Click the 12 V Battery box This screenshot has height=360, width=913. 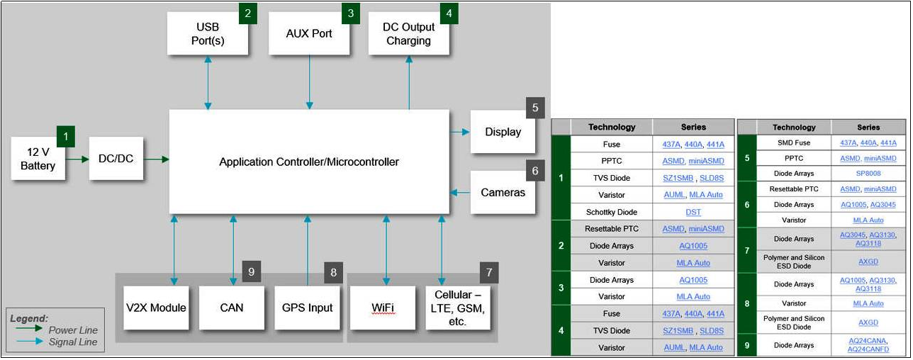tap(38, 159)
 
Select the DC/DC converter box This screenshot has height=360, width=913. tap(116, 159)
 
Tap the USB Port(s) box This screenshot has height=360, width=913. tap(208, 33)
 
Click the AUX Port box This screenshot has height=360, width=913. tap(309, 33)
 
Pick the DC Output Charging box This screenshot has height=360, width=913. tap(408, 33)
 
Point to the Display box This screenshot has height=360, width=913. tap(503, 132)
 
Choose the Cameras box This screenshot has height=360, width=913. tap(503, 192)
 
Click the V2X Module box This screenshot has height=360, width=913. tap(156, 308)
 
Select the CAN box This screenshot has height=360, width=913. tap(231, 308)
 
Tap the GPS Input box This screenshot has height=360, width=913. tap(307, 308)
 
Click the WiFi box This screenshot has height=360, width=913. tap(383, 308)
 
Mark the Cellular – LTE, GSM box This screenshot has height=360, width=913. tap(457, 308)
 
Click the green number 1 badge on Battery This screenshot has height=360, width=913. tap(65, 135)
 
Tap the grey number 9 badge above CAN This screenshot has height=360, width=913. tap(251, 271)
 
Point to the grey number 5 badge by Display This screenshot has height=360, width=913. tap(535, 108)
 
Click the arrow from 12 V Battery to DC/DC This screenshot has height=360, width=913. tap(77, 159)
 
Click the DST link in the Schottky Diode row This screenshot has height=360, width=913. tap(693, 212)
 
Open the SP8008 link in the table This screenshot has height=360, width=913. tap(868, 174)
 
